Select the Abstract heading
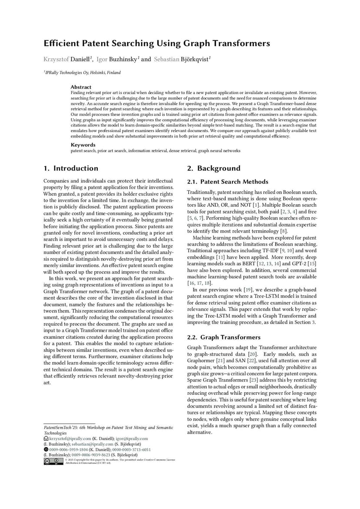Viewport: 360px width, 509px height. click(x=81, y=87)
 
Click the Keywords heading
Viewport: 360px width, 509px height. click(x=83, y=145)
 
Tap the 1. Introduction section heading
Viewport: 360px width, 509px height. click(x=71, y=168)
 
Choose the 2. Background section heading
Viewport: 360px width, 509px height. click(x=213, y=168)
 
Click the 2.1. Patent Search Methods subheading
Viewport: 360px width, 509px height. click(x=227, y=182)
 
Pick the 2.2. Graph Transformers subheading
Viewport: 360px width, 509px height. click(x=223, y=337)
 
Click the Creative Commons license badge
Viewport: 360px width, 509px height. click(x=53, y=461)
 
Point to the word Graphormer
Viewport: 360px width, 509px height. click(x=203, y=360)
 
